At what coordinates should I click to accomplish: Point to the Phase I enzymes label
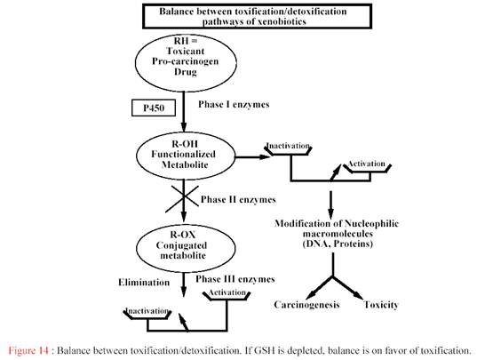(234, 104)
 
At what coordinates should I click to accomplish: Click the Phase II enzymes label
(238, 200)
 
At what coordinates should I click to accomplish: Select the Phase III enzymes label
(235, 279)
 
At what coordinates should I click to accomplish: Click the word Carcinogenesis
(306, 305)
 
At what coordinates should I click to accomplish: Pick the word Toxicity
(381, 305)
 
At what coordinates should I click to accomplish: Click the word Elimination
(144, 283)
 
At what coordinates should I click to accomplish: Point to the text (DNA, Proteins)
(338, 244)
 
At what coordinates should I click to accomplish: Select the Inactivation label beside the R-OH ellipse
(288, 146)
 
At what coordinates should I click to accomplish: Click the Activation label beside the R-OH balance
(367, 164)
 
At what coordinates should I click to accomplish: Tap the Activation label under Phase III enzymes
(227, 292)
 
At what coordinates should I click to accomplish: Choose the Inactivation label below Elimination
(147, 311)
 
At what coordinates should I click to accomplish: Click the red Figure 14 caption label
(28, 350)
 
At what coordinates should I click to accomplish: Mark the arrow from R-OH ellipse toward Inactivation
(252, 157)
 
